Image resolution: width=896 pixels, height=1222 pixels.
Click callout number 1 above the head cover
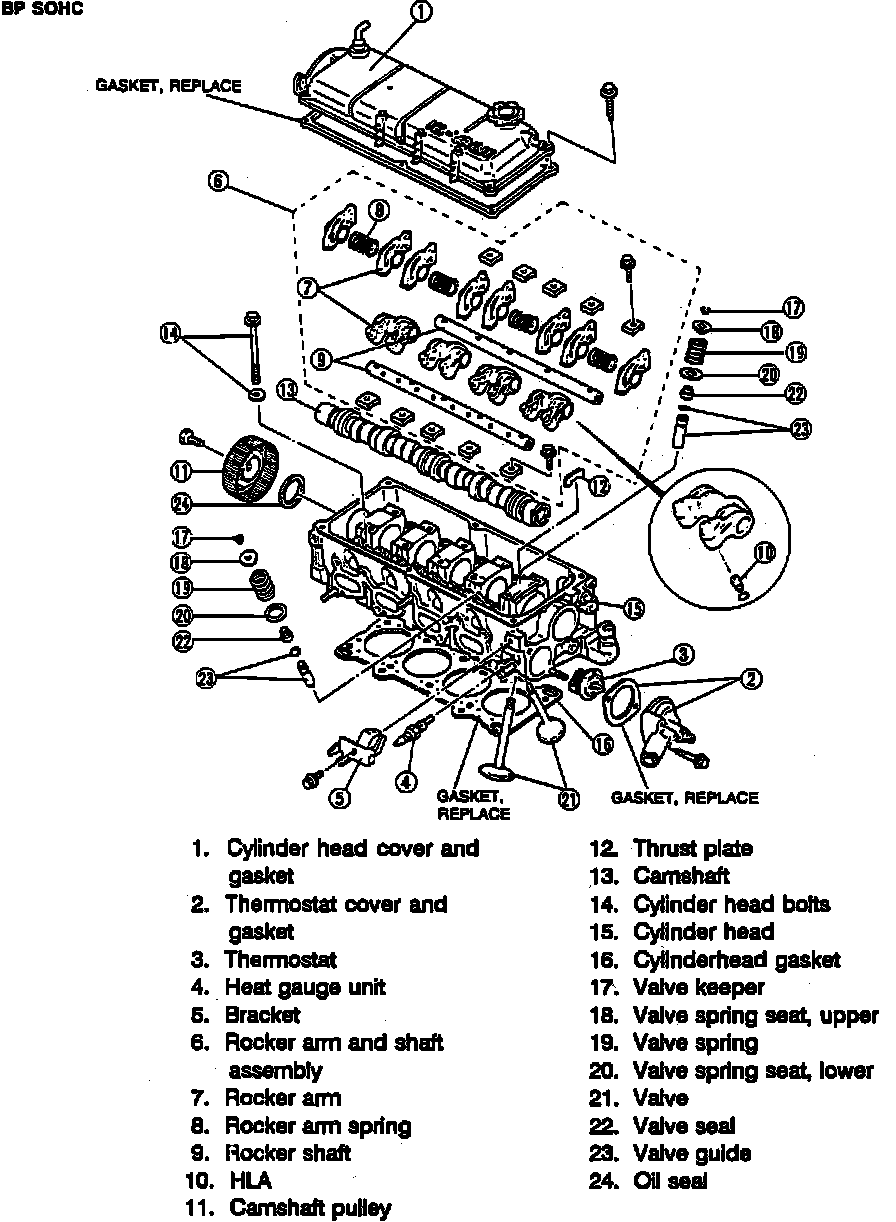tap(421, 12)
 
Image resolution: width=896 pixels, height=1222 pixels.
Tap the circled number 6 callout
tap(219, 181)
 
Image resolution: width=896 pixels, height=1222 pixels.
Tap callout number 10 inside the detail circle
tap(762, 551)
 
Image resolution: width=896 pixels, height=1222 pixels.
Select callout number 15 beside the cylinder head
tap(632, 607)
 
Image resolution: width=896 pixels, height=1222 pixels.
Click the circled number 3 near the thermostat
tap(683, 655)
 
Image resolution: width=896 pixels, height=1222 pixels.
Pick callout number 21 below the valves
tap(569, 797)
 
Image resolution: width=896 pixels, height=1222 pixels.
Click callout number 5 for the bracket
tap(340, 797)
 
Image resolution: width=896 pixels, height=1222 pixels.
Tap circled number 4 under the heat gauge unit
tap(405, 783)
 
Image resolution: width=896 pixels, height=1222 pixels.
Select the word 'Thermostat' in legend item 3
tap(280, 960)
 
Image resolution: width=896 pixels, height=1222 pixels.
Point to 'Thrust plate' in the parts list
tap(692, 849)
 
